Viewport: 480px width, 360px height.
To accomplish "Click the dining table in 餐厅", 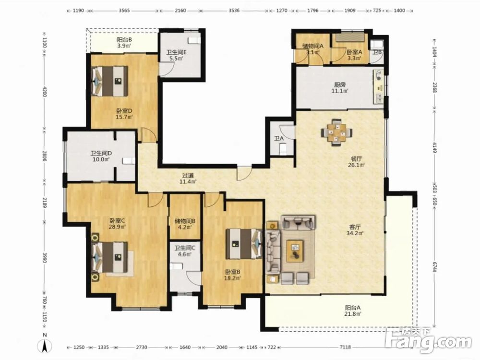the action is tap(336, 132).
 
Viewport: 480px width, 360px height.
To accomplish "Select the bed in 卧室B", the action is tap(244, 244).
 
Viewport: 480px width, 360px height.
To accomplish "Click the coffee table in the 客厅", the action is tap(295, 251).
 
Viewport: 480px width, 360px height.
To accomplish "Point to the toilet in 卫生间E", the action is tap(193, 40).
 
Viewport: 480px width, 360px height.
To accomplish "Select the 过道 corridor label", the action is tap(188, 176).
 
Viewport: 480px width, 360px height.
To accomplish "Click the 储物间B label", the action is tap(185, 221).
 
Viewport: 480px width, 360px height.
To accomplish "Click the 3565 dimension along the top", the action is tap(124, 11).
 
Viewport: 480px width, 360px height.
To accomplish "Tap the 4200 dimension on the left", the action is tap(45, 92).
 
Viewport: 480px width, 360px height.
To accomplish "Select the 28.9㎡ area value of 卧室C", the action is tap(117, 227).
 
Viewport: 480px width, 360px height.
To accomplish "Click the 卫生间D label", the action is tap(101, 154).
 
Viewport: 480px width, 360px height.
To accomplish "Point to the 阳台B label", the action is tap(124, 39).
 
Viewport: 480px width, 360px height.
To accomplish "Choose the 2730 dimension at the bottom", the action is tap(142, 347).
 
